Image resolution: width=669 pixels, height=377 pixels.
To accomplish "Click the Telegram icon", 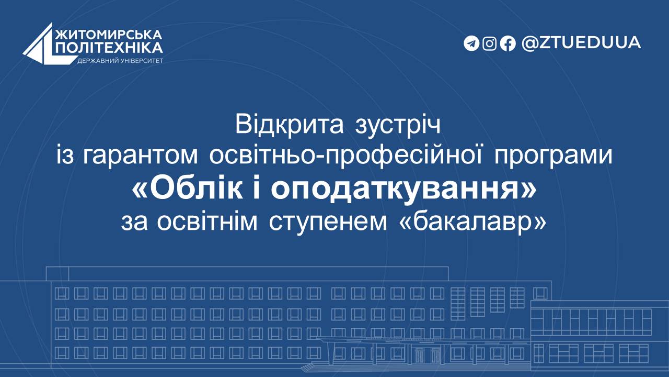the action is [471, 43].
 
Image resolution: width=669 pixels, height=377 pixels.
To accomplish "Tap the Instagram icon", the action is [490, 43].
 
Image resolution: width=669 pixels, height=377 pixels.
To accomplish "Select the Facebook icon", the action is [507, 43].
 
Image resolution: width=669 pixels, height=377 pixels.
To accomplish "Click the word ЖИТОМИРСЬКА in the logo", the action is [109, 35].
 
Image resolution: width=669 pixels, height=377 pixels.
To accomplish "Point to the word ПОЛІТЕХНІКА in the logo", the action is [109, 48].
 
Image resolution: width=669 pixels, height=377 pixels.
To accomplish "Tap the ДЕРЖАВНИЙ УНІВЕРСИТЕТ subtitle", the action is [120, 61].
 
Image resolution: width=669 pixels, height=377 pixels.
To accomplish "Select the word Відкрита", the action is [290, 125].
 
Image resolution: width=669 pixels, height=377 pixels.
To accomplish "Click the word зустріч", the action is [398, 126].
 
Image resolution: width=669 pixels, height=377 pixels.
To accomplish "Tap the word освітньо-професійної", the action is [346, 156].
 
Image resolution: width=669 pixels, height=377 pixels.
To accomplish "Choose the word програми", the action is [553, 157].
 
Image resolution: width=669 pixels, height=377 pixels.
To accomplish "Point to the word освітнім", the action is [207, 221].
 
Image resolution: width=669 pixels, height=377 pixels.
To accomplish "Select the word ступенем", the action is [328, 223].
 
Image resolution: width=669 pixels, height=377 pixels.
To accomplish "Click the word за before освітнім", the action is [134, 223].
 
